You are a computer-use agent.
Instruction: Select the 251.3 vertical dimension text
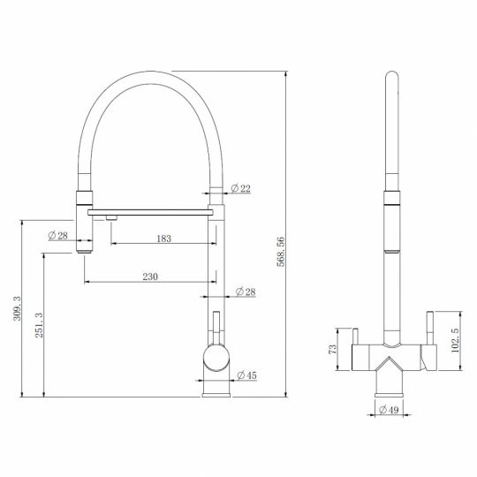(x=36, y=324)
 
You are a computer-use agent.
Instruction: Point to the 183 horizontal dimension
(x=162, y=238)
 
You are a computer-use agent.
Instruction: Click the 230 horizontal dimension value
(x=149, y=276)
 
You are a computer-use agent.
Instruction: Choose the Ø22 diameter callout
(x=239, y=188)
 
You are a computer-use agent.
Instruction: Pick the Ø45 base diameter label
(x=246, y=376)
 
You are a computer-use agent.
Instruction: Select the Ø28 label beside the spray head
(x=57, y=234)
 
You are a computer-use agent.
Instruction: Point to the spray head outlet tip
(x=84, y=250)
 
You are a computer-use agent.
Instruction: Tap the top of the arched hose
(x=150, y=75)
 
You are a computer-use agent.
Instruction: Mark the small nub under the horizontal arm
(x=112, y=216)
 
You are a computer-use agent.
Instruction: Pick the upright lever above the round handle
(x=215, y=324)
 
